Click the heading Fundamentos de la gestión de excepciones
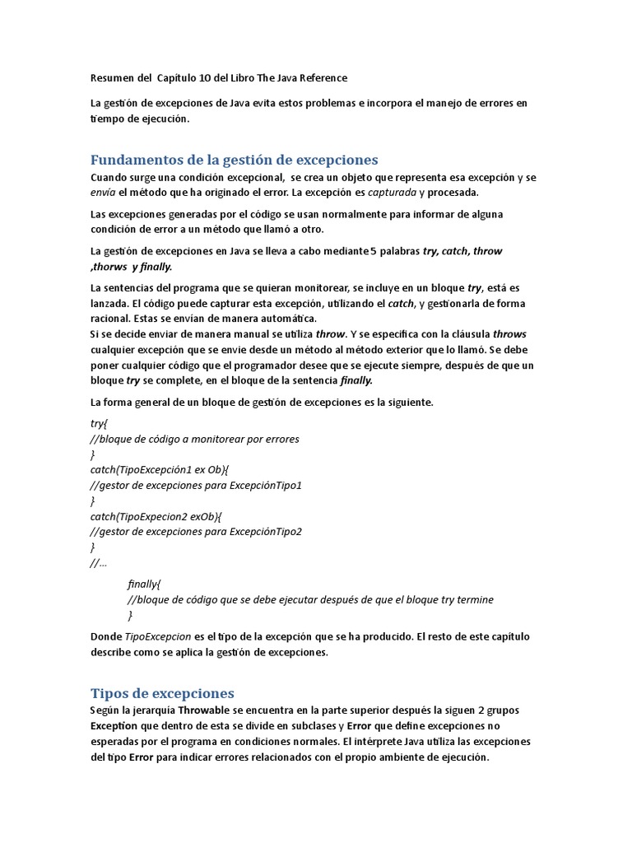[234, 160]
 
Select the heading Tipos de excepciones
[162, 692]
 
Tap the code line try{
[99, 423]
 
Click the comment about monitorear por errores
[195, 439]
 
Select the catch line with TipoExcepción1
[160, 469]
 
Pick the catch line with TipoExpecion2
[156, 516]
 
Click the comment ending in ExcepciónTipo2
[197, 531]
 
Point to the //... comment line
[98, 562]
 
